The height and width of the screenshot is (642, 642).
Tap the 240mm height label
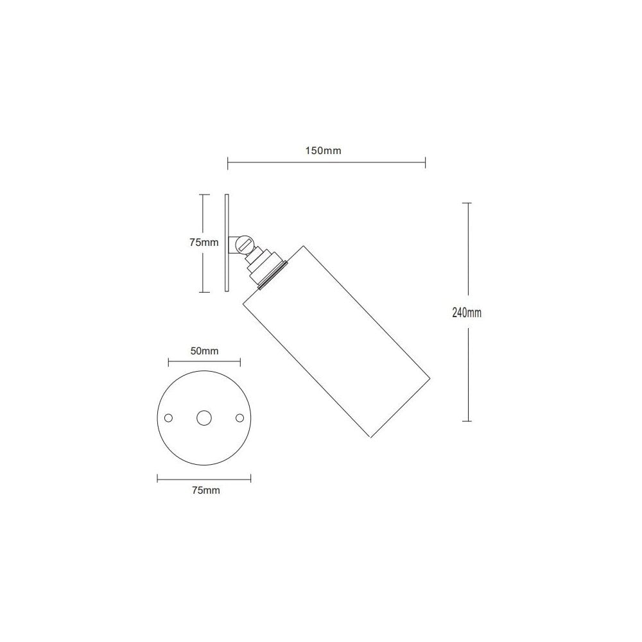[x=467, y=313]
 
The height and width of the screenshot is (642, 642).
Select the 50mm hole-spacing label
[x=205, y=351]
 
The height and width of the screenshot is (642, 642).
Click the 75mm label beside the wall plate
[x=204, y=243]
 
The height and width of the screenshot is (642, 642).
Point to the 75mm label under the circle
[x=205, y=490]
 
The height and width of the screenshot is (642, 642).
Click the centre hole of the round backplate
[x=205, y=417]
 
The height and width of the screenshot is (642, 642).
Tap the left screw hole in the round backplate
[x=169, y=417]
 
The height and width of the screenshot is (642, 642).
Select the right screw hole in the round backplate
[x=240, y=417]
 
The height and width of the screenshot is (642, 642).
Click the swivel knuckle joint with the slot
[x=243, y=244]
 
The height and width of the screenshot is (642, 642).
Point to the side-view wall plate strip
[x=227, y=243]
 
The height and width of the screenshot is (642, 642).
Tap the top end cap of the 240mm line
[x=467, y=203]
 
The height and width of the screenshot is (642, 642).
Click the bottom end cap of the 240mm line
[x=467, y=421]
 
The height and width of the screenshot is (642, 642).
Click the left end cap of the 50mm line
[x=169, y=362]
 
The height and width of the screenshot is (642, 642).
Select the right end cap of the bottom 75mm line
[x=250, y=478]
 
